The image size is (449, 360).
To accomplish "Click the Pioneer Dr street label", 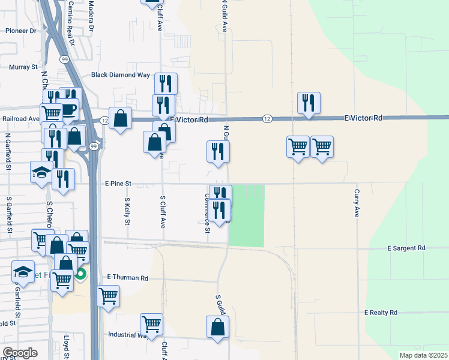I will [21, 30].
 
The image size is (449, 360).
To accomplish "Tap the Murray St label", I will [23, 68].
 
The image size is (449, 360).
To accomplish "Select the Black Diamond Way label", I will [120, 75].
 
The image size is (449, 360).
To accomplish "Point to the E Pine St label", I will [118, 183].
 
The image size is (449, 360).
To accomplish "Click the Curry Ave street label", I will [357, 203].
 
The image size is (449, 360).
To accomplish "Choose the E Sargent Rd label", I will [406, 248].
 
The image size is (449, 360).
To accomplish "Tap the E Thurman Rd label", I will [127, 278].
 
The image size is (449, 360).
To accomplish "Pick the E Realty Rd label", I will [381, 313].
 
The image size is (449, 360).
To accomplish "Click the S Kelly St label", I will [127, 212].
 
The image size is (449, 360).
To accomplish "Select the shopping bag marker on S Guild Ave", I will [217, 328].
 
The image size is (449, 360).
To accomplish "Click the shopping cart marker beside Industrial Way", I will [151, 324].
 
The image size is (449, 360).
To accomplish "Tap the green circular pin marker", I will [81, 275].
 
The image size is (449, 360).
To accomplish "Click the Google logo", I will [20, 353].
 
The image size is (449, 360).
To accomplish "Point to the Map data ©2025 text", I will [424, 355].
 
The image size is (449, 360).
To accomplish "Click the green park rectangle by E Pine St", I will [247, 215].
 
